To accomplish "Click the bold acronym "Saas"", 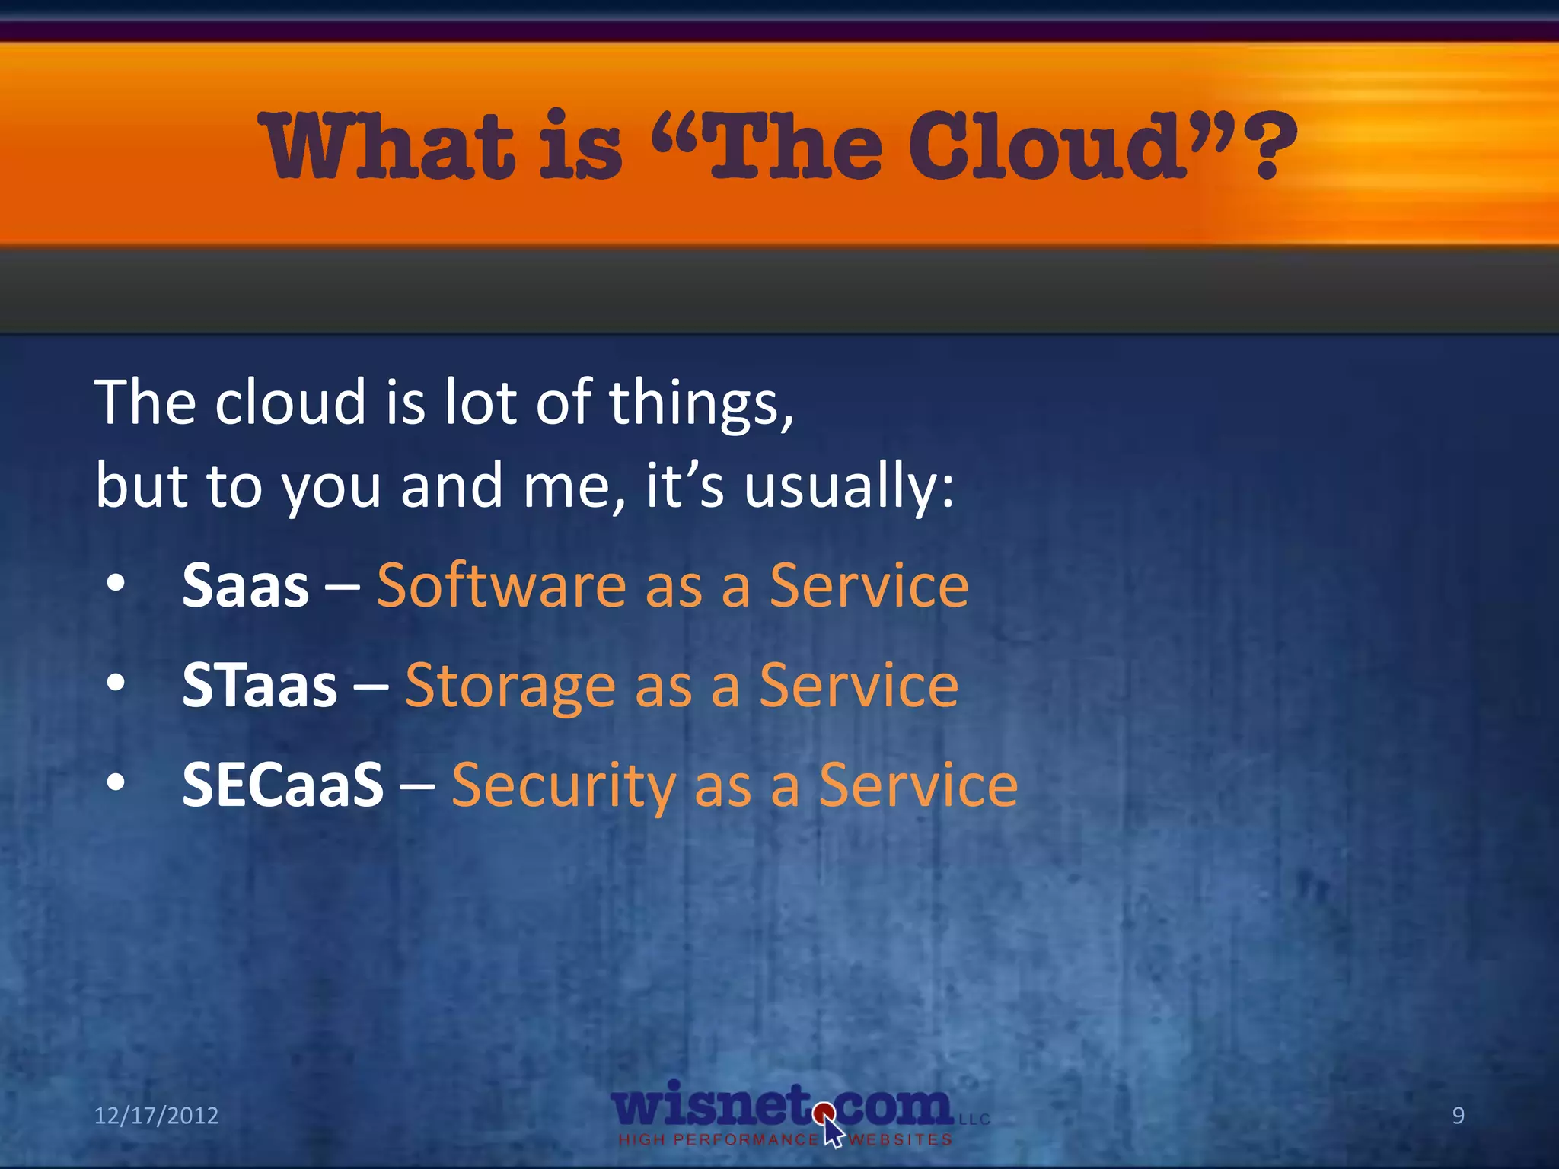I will click(x=245, y=586).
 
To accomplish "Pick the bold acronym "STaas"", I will click(x=259, y=686).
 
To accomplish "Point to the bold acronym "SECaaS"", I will click(x=282, y=785).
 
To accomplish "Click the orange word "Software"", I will click(x=501, y=586).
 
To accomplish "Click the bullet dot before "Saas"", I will click(x=116, y=584).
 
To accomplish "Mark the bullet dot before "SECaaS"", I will click(x=116, y=783).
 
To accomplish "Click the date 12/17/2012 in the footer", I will click(x=156, y=1116).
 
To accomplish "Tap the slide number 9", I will click(x=1458, y=1116).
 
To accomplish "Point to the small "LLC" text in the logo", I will click(x=974, y=1120).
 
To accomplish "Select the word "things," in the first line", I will click(x=701, y=403).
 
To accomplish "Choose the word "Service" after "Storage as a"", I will click(x=859, y=686).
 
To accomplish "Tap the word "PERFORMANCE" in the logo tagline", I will click(x=746, y=1140).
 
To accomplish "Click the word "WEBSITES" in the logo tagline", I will click(x=901, y=1140).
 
